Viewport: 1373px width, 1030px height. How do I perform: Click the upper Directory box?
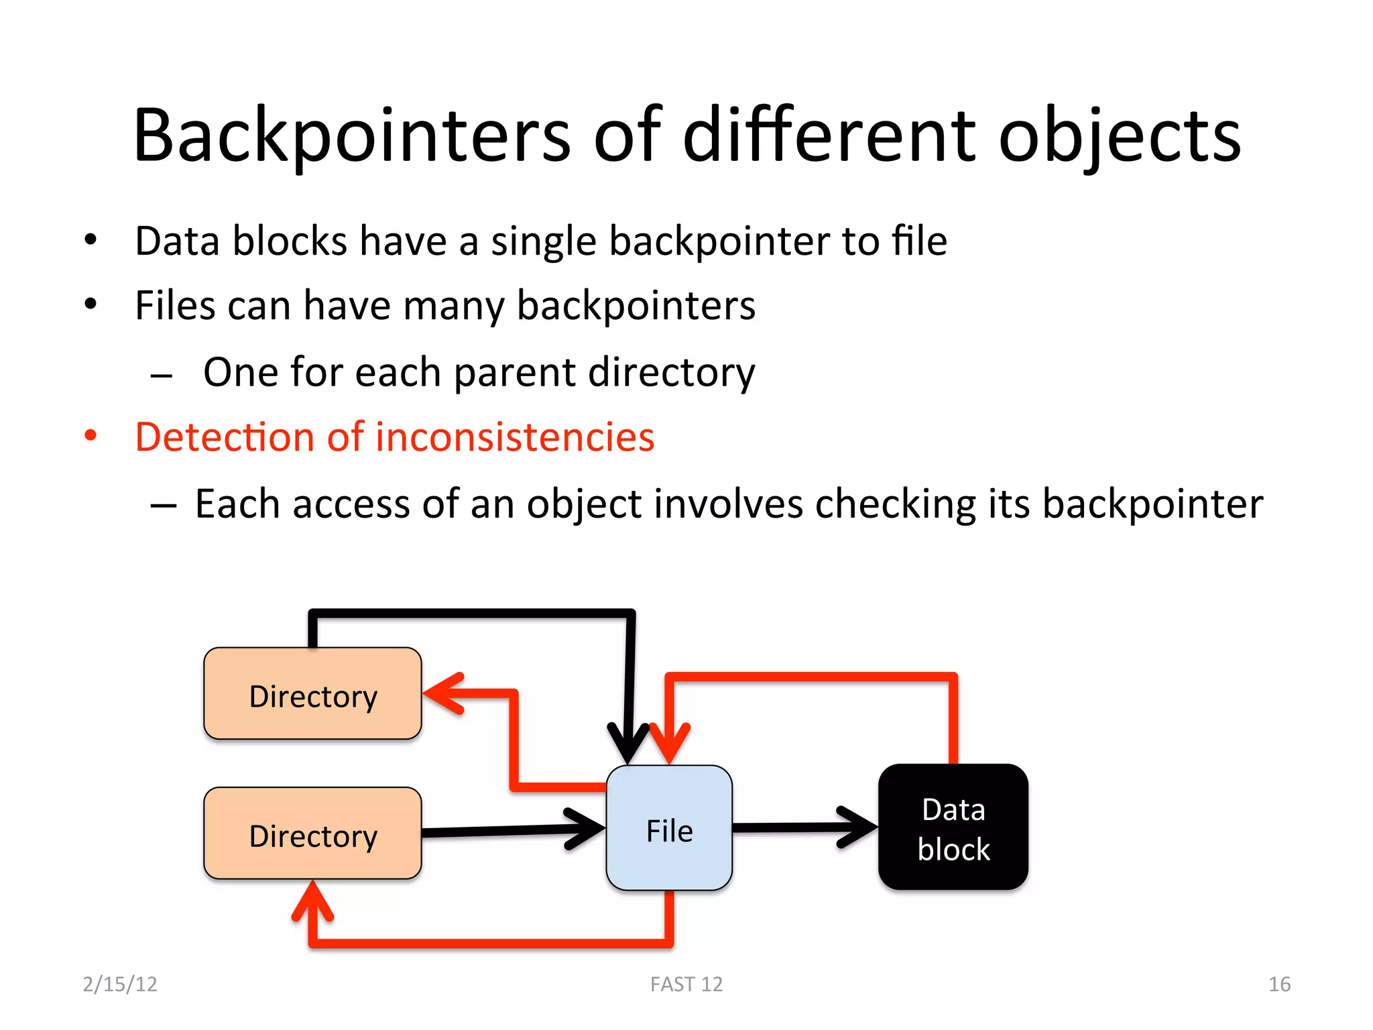coord(312,693)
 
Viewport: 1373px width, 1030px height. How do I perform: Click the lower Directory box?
coord(312,834)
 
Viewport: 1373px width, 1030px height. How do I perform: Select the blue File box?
coord(669,829)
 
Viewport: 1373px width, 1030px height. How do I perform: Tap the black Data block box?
coord(953,827)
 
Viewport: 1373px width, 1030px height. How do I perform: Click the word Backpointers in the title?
coord(352,136)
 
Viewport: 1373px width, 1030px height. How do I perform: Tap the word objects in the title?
coord(1120,136)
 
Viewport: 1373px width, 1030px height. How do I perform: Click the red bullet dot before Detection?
coord(91,437)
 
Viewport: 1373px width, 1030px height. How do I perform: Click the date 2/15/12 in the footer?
coord(120,984)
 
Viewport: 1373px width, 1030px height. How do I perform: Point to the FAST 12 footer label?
coord(686,984)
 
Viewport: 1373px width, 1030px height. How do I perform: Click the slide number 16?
coord(1279,984)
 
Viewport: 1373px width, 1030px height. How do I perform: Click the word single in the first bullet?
coord(543,241)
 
